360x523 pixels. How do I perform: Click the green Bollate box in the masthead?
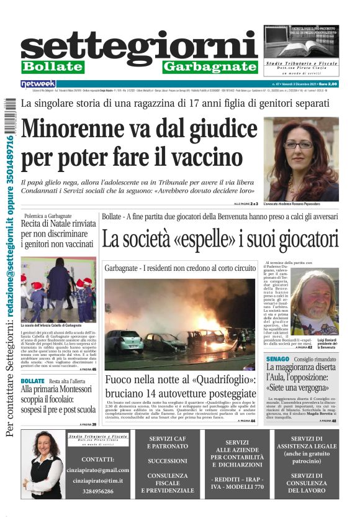pos(52,66)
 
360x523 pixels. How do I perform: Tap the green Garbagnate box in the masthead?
pos(210,66)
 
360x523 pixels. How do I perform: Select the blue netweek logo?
pos(38,83)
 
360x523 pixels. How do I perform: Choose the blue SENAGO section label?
pos(276,359)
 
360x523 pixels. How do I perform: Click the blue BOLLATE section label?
pos(32,380)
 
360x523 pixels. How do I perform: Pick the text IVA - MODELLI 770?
pos(237,487)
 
